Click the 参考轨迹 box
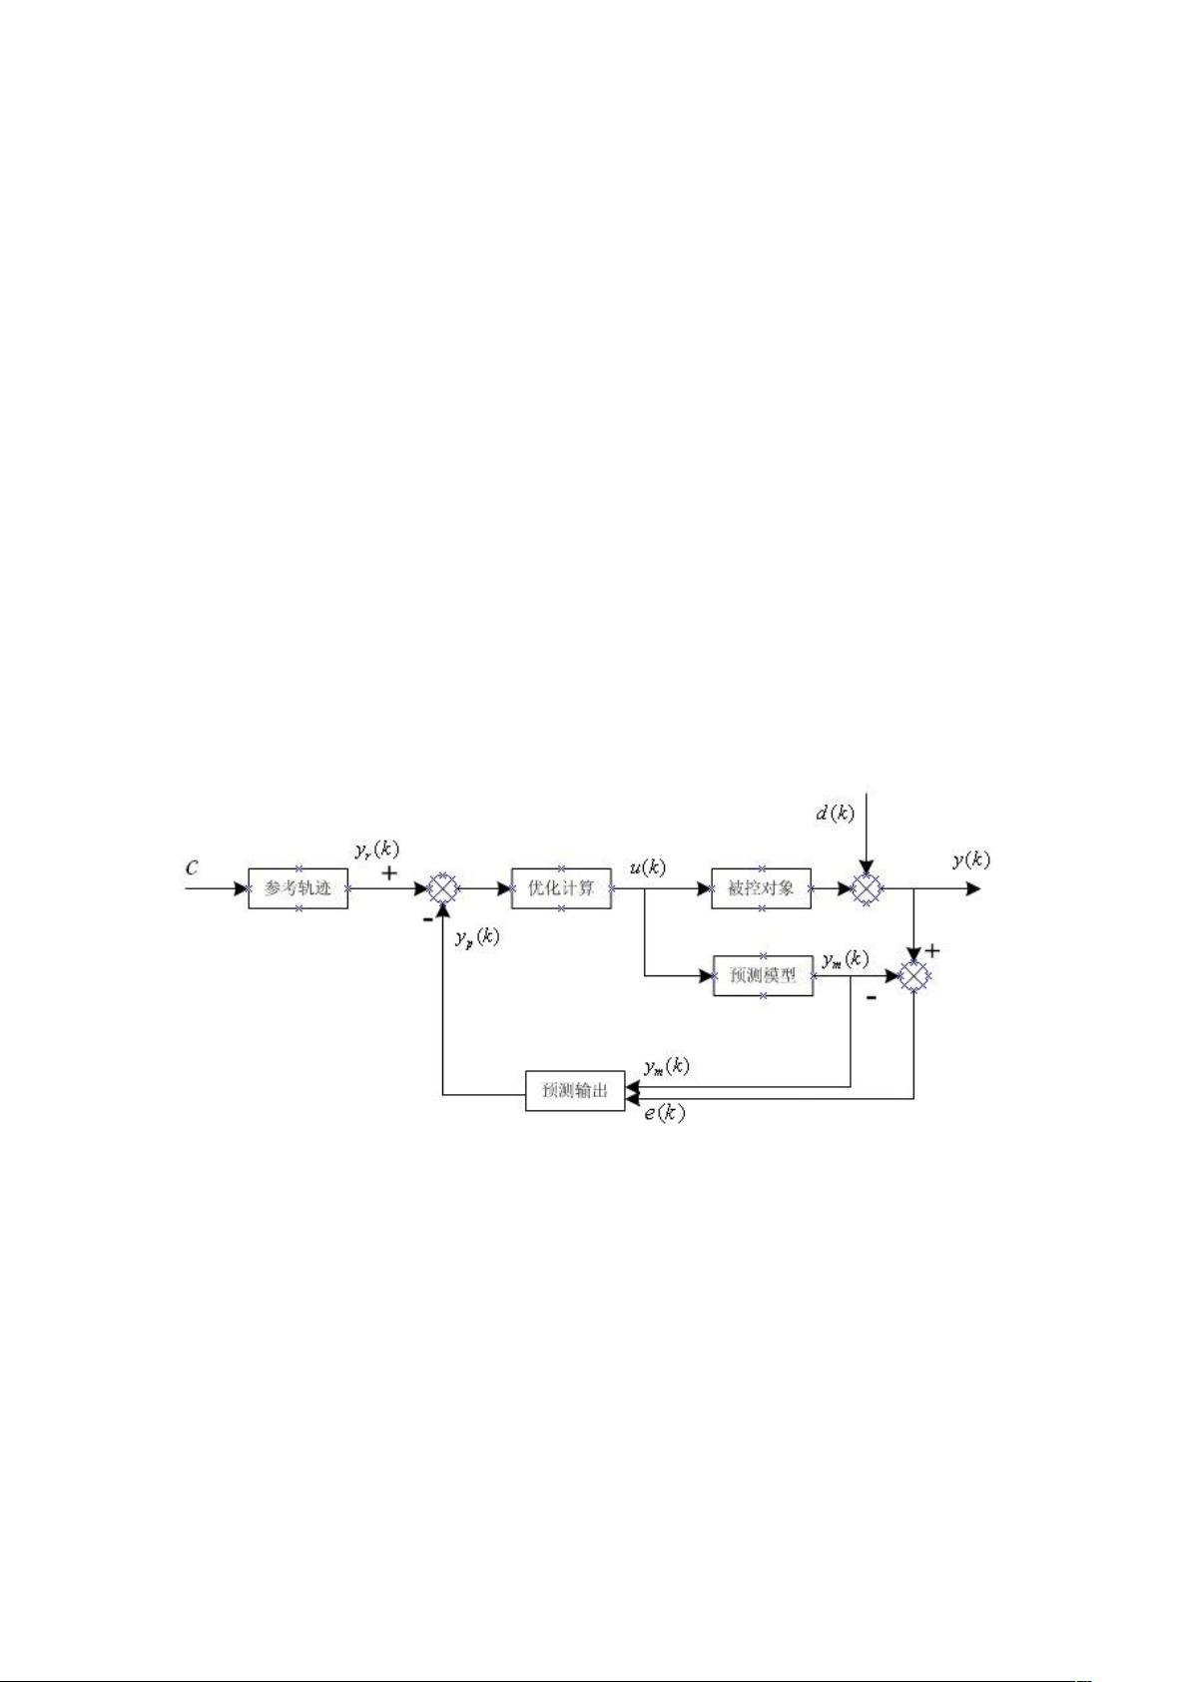[x=298, y=888]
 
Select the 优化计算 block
[x=561, y=888]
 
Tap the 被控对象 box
[x=762, y=888]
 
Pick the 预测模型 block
[x=763, y=975]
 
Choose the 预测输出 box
[x=574, y=1090]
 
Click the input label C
[x=193, y=868]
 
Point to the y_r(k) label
[x=377, y=850]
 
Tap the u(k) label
[x=647, y=867]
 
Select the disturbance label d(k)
[x=835, y=813]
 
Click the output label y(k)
[x=971, y=859]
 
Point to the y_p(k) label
[x=477, y=937]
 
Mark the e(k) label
[x=665, y=1114]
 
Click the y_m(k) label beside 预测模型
[x=846, y=959]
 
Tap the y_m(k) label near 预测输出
[x=667, y=1066]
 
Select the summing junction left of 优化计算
[x=443, y=888]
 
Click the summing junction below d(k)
[x=867, y=889]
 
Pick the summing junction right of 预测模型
[x=913, y=976]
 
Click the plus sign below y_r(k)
[x=389, y=872]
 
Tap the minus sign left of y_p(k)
[x=428, y=919]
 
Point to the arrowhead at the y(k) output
[x=973, y=889]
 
